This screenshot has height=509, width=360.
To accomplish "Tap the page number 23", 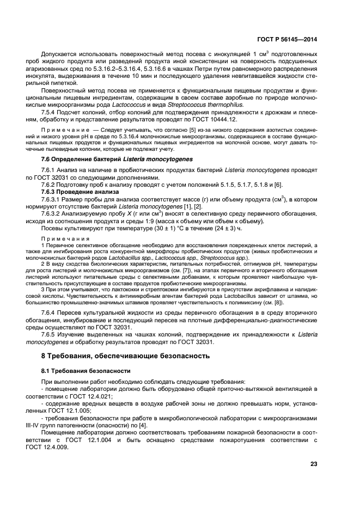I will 314,464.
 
